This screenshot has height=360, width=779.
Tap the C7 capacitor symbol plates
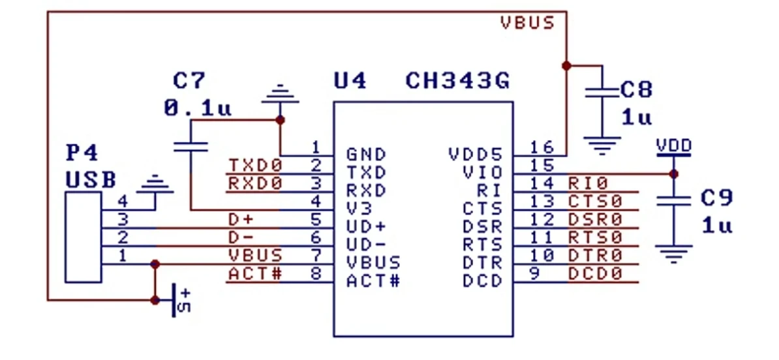[191, 146]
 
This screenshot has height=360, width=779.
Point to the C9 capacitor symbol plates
[674, 201]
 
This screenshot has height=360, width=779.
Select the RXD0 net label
[255, 183]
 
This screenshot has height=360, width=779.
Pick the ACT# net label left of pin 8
[255, 273]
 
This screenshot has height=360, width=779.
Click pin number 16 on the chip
[543, 147]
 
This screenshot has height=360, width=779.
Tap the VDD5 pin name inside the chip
[476, 155]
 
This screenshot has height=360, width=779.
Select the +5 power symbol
[179, 300]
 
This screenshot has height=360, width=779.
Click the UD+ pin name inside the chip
[366, 227]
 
